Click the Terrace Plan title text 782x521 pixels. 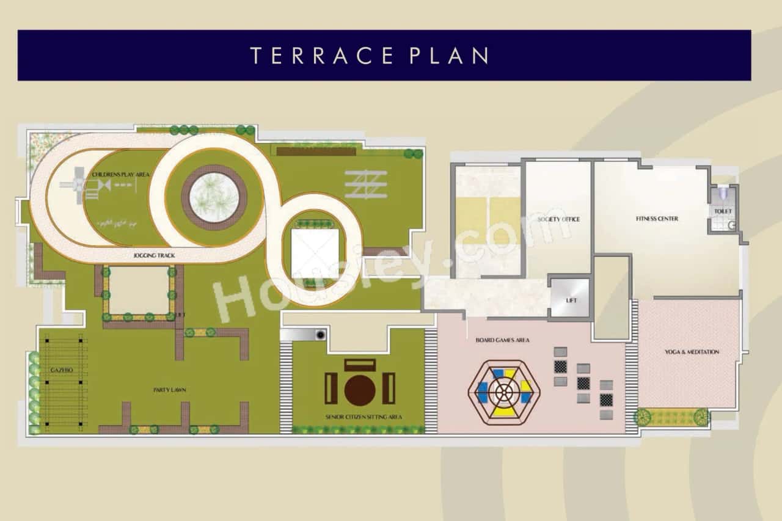pyautogui.click(x=370, y=55)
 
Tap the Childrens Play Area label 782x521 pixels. pyautogui.click(x=121, y=175)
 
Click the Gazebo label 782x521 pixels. pyautogui.click(x=61, y=371)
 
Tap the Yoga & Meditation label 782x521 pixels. pyautogui.click(x=692, y=352)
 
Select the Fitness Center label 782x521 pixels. pyautogui.click(x=657, y=219)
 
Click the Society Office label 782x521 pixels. pyautogui.click(x=558, y=219)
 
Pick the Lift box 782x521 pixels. pyautogui.click(x=570, y=299)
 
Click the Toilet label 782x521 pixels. pyautogui.click(x=723, y=211)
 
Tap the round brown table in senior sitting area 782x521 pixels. pyautogui.click(x=359, y=389)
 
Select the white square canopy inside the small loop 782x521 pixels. pyautogui.click(x=315, y=252)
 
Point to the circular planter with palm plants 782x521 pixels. pyautogui.click(x=214, y=197)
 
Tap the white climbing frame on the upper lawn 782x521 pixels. pyautogui.click(x=366, y=184)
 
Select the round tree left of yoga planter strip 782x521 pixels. pyautogui.click(x=642, y=418)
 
